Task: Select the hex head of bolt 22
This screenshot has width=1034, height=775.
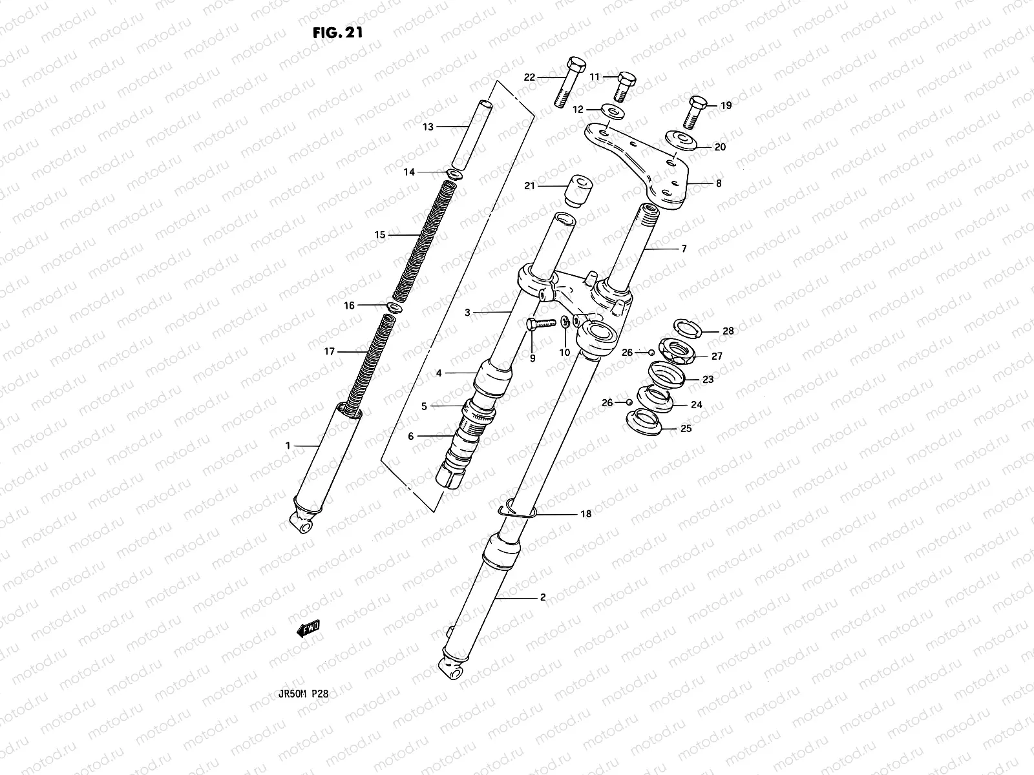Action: (575, 66)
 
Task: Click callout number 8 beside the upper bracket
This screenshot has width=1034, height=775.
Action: (719, 183)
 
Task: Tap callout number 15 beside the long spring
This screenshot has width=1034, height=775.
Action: (380, 235)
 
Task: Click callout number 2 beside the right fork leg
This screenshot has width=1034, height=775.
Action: (543, 597)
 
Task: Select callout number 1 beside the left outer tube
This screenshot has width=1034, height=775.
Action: (288, 446)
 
